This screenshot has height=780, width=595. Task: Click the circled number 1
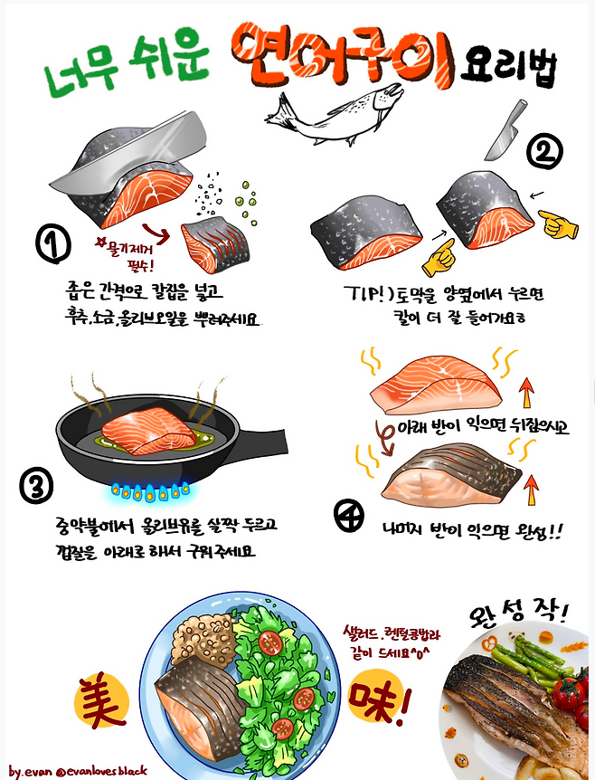pyautogui.click(x=53, y=243)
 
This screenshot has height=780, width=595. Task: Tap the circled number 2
pyautogui.click(x=544, y=151)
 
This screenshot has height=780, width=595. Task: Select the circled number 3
pyautogui.click(x=36, y=485)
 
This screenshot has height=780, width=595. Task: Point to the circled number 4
pyautogui.click(x=349, y=516)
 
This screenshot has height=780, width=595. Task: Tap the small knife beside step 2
pyautogui.click(x=505, y=129)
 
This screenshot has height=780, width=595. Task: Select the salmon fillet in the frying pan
pyautogui.click(x=149, y=431)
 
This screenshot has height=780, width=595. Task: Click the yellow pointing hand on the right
pyautogui.click(x=558, y=224)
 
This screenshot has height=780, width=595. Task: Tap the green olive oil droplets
pyautogui.click(x=246, y=204)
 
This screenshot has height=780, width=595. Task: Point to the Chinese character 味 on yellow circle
pyautogui.click(x=377, y=696)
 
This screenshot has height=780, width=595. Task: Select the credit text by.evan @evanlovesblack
pyautogui.click(x=78, y=771)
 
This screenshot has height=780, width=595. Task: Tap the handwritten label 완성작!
pyautogui.click(x=517, y=613)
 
